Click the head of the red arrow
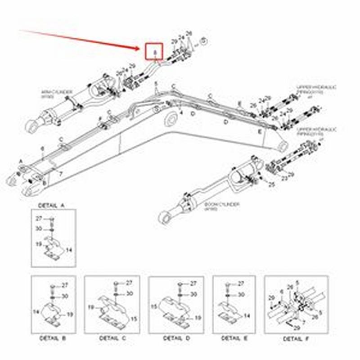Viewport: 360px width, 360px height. click(140, 47)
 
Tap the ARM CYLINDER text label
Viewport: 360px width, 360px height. click(56, 93)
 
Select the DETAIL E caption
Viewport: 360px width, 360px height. click(233, 337)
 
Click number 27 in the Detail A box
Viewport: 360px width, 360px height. click(39, 218)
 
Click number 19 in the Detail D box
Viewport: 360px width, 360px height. click(198, 318)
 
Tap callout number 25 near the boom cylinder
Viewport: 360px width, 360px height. click(272, 185)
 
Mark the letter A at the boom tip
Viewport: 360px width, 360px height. click(21, 161)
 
